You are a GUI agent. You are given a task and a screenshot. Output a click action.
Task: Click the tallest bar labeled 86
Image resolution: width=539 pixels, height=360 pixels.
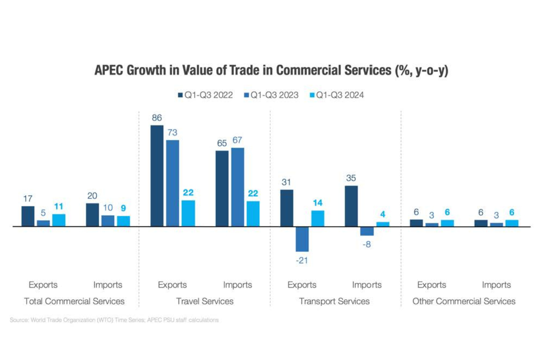tap(157, 176)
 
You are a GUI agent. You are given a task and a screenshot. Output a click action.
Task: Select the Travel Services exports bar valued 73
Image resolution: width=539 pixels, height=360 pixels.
tap(172, 183)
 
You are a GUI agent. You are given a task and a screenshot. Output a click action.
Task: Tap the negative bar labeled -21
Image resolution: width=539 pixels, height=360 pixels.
tap(302, 239)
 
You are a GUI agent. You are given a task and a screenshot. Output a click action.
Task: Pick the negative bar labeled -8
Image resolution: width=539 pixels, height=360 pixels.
tap(367, 231)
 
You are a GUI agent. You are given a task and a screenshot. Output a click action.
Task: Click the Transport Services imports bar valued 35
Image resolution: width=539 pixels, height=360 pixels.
tap(351, 206)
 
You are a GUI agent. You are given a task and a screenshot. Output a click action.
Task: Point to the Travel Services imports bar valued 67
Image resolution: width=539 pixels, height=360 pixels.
tap(238, 187)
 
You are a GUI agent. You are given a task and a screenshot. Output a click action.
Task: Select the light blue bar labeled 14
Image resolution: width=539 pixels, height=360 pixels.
tap(318, 218)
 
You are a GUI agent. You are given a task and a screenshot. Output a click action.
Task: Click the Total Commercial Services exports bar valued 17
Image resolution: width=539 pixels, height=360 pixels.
tap(28, 216)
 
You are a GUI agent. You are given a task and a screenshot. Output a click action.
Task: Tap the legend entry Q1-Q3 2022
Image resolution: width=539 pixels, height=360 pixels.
tap(206, 95)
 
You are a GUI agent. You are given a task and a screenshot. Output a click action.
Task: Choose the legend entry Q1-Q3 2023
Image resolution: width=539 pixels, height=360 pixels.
tap(271, 95)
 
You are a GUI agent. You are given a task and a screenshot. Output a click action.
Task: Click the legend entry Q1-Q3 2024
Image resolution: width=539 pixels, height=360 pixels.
tap(337, 95)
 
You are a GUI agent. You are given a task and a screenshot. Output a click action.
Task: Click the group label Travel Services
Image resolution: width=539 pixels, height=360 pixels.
tap(205, 301)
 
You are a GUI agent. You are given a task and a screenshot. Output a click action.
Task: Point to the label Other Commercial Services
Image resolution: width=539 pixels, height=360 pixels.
tap(464, 301)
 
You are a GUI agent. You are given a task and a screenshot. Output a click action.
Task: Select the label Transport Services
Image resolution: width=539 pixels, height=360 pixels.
tap(335, 301)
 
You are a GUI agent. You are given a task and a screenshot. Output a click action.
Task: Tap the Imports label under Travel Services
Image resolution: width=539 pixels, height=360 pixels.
tap(238, 285)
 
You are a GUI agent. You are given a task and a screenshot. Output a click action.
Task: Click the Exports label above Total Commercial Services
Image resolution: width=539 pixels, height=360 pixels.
tap(43, 285)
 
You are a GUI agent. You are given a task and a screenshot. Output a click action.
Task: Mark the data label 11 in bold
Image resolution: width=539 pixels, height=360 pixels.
tap(59, 207)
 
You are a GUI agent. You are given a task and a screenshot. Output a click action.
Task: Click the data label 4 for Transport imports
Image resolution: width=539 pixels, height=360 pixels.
tap(383, 214)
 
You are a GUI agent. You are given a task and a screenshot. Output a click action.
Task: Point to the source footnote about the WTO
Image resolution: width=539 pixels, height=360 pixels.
tap(114, 320)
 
